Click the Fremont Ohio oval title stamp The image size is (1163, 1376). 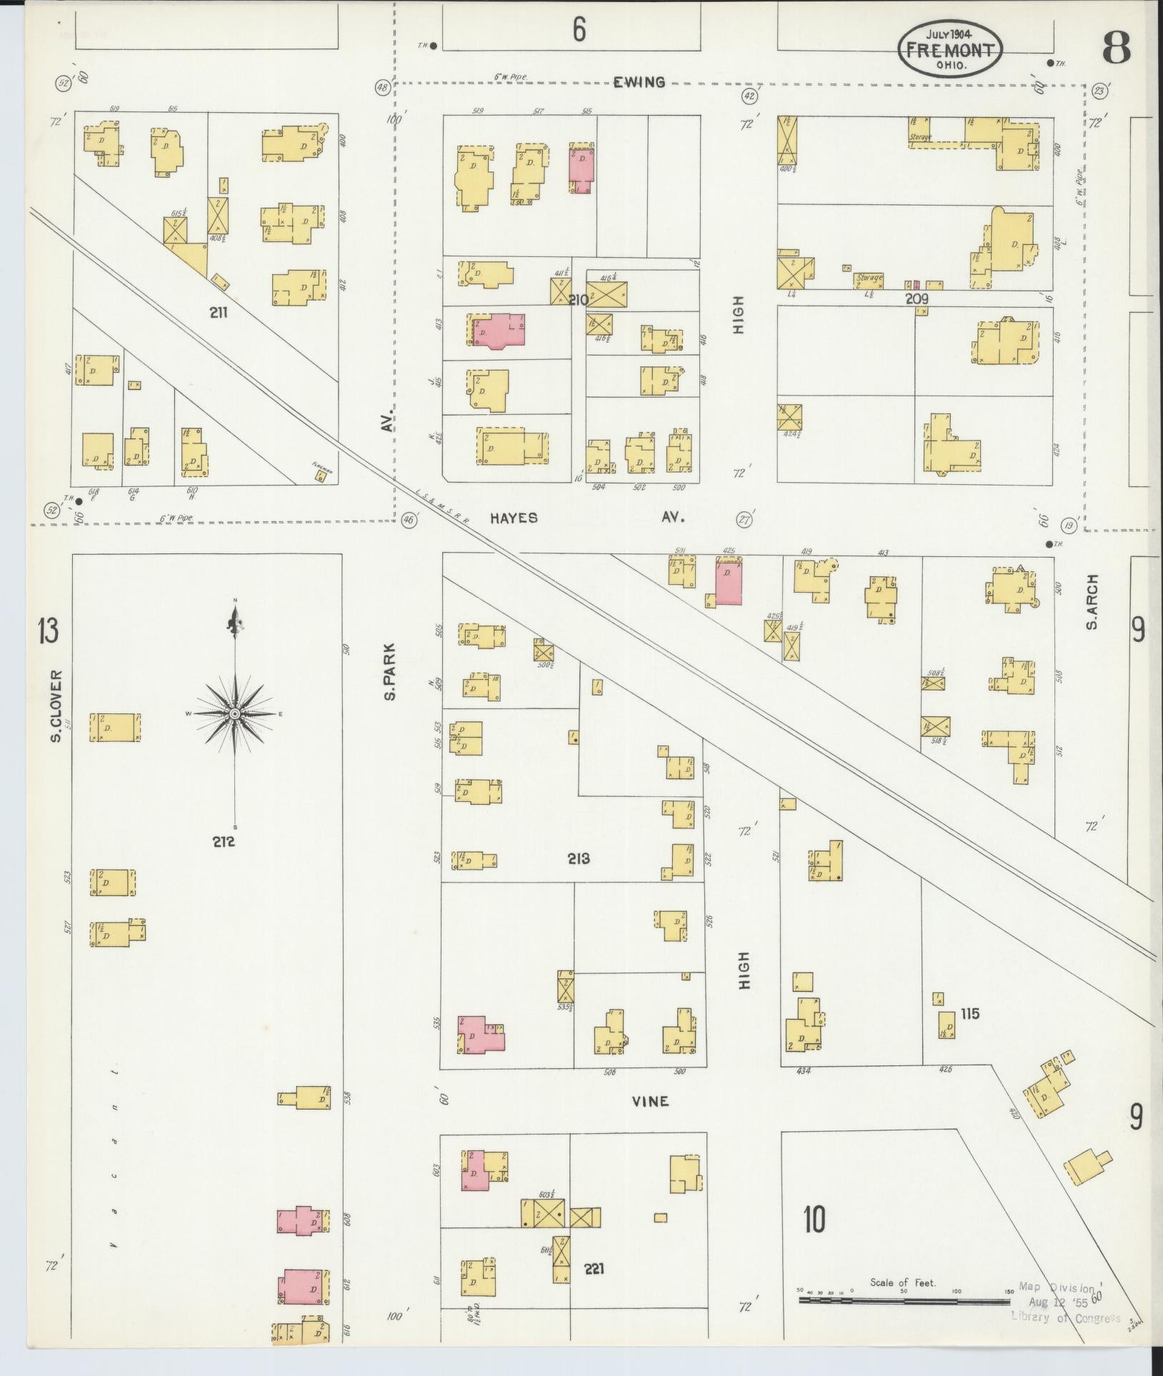[x=950, y=49]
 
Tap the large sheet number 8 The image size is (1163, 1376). [x=1115, y=49]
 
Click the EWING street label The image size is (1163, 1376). [x=639, y=82]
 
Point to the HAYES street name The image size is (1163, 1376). [x=514, y=518]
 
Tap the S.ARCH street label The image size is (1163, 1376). [x=1091, y=603]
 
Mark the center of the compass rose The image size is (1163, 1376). [x=235, y=714]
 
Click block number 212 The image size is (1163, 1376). [x=223, y=842]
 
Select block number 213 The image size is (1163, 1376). [x=579, y=858]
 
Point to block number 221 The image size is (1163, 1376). [x=594, y=1268]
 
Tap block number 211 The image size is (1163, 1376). [x=219, y=312]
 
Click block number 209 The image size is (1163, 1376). [x=917, y=299]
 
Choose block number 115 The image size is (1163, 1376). [x=969, y=1014]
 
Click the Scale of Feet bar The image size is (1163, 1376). [x=904, y=1300]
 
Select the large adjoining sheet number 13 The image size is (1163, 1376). [x=48, y=632]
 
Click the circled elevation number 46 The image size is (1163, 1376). [x=409, y=520]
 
